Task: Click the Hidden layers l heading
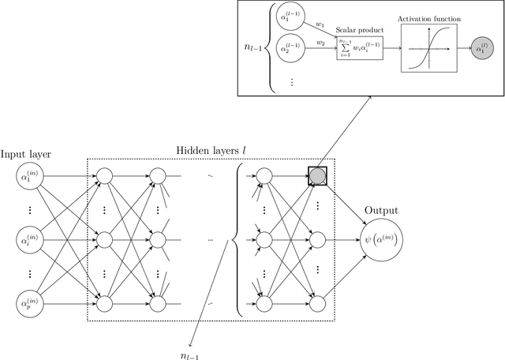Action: (212, 149)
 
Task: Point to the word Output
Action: (382, 211)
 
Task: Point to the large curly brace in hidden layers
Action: (234, 236)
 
